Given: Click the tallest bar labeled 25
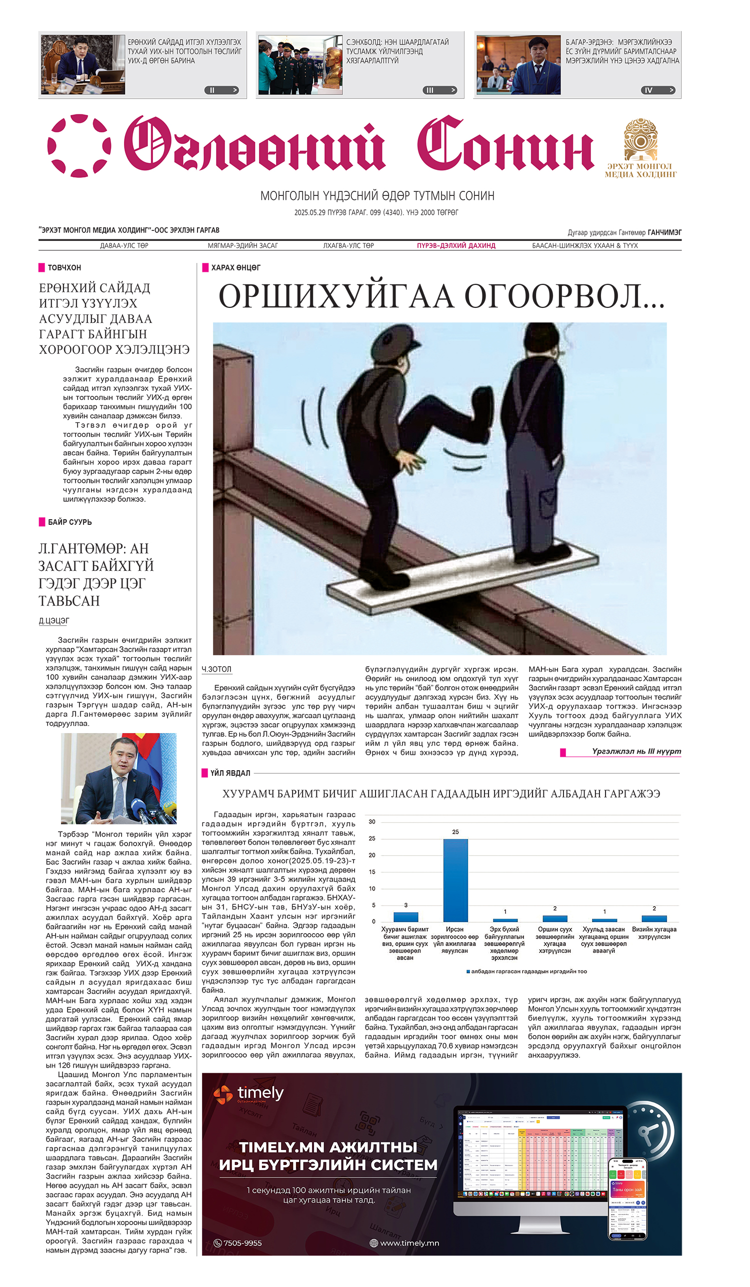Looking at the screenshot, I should [454, 880].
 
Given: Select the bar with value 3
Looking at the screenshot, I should [405, 917].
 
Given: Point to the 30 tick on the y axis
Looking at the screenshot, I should [372, 822].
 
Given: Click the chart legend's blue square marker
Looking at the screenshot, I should [468, 972].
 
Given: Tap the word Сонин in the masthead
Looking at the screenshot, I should [505, 144].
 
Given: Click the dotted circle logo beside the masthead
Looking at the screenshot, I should [79, 145].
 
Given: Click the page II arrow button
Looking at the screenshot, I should [221, 90].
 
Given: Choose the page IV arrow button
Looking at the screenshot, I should [658, 90].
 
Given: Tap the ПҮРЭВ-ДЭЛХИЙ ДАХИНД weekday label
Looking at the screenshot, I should [455, 245].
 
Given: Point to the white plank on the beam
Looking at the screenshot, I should [462, 577].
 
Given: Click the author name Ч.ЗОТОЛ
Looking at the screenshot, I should [216, 669].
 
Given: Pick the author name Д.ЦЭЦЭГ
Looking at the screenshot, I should [53, 621].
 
